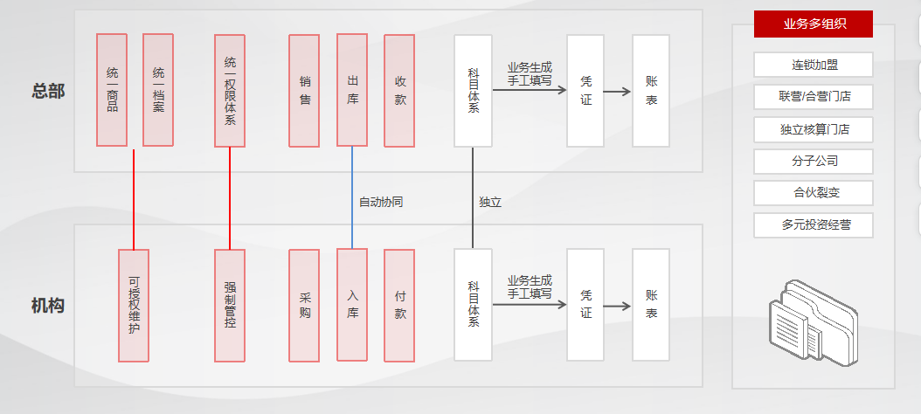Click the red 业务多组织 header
click(x=814, y=24)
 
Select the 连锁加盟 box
click(x=814, y=65)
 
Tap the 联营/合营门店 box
click(x=814, y=96)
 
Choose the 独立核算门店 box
click(x=814, y=129)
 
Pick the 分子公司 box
click(x=814, y=162)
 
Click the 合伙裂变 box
click(x=814, y=193)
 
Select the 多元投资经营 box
click(x=814, y=225)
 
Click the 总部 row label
click(x=48, y=91)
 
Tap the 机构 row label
click(x=48, y=306)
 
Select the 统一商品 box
click(x=112, y=90)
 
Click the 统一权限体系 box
click(x=230, y=90)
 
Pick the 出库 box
click(x=352, y=90)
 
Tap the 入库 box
click(x=352, y=305)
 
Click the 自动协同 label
click(x=381, y=202)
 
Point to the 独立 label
click(x=490, y=202)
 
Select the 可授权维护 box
click(x=134, y=305)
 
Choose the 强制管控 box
click(x=230, y=305)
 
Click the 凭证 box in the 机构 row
click(x=585, y=305)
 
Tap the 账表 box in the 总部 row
click(x=651, y=90)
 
